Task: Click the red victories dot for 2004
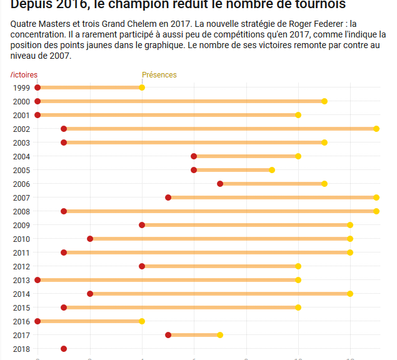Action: click(x=194, y=156)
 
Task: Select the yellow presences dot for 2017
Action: click(x=220, y=335)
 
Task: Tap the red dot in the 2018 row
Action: click(x=64, y=349)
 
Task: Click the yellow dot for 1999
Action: click(x=142, y=87)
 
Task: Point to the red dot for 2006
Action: click(x=220, y=184)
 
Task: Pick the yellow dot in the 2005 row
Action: click(x=272, y=170)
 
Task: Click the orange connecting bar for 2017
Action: click(x=194, y=335)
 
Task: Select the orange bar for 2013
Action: click(x=168, y=280)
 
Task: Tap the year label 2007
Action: click(x=21, y=197)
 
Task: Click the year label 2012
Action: click(x=21, y=266)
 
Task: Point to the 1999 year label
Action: click(x=21, y=87)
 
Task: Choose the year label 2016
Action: click(x=21, y=321)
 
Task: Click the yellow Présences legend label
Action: click(x=159, y=75)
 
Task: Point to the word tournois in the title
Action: click(x=319, y=5)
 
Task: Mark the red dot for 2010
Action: click(x=90, y=239)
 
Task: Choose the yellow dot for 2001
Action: click(x=298, y=115)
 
